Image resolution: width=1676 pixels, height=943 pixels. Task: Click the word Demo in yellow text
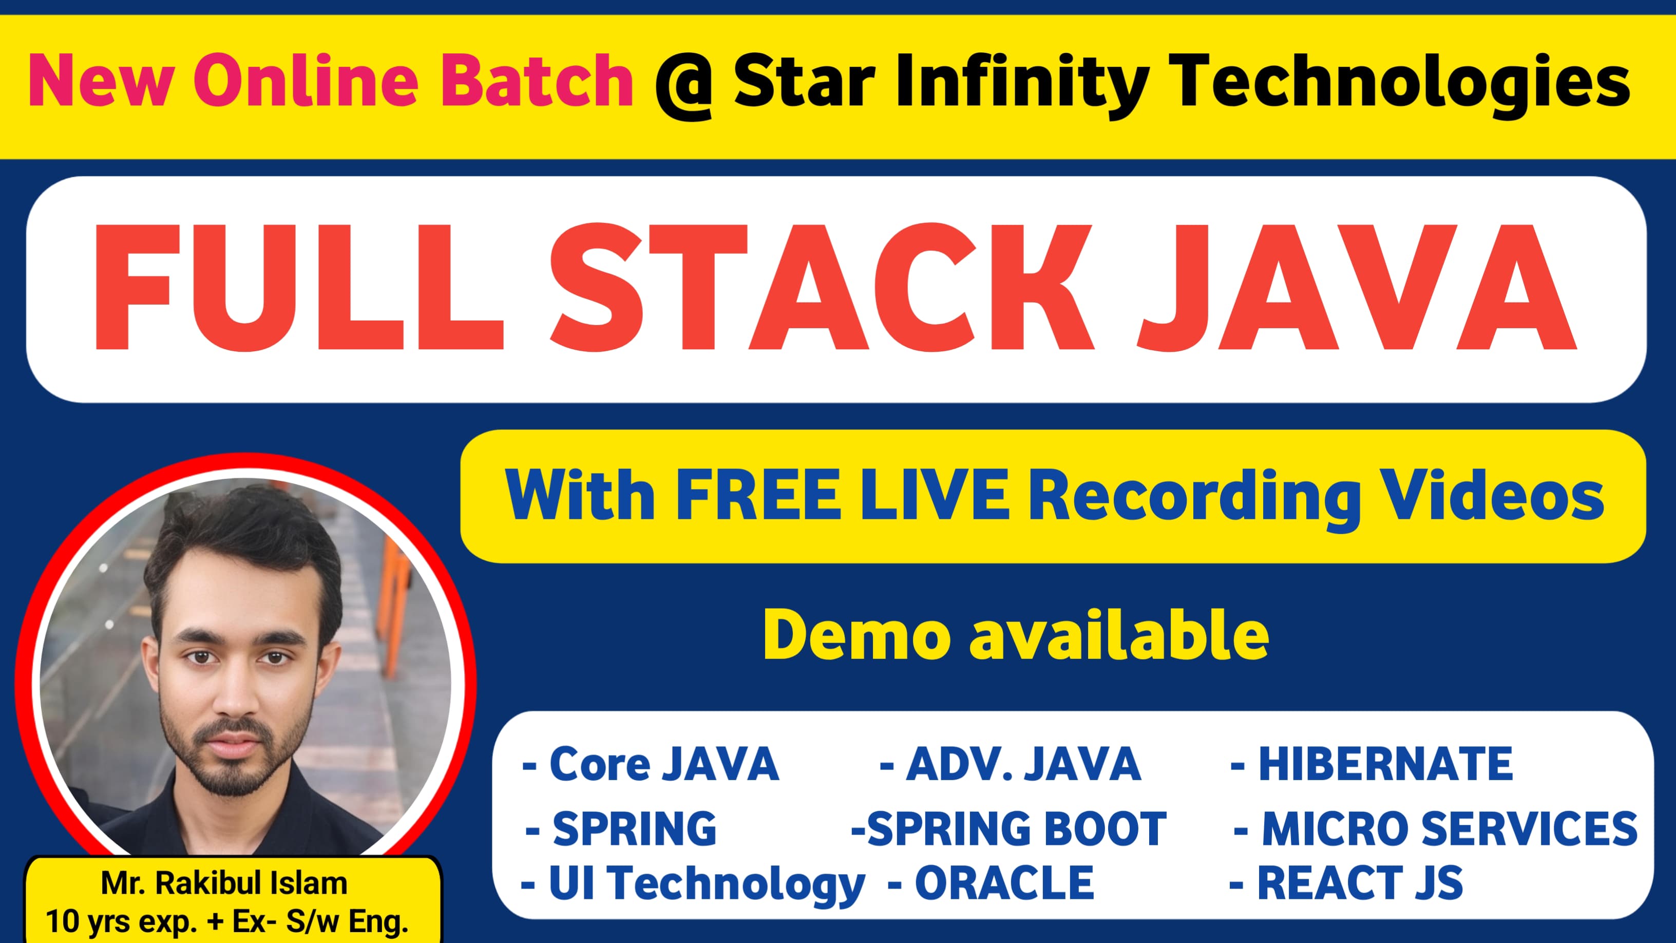[855, 635]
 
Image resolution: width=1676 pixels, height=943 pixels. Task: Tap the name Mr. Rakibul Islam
[224, 883]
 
